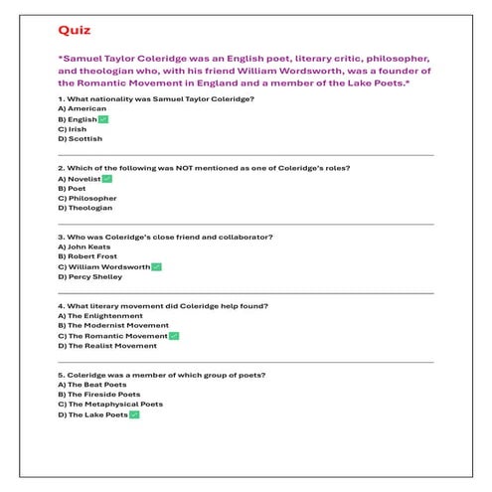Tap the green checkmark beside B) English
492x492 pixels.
click(x=102, y=119)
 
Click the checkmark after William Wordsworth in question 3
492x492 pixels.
click(x=156, y=267)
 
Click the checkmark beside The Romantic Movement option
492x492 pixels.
click(x=174, y=336)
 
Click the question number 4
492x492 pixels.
click(x=62, y=305)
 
